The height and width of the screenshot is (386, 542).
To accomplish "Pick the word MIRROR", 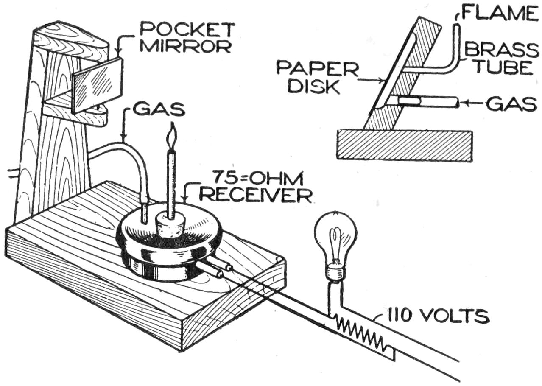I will (x=185, y=45).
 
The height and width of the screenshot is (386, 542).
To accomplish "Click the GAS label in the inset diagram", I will (x=511, y=104).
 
